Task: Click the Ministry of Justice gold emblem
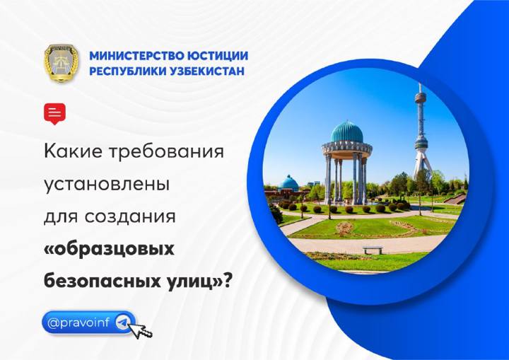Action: point(62,63)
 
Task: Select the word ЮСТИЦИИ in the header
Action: point(213,56)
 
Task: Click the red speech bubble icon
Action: point(54,113)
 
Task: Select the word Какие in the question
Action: point(74,151)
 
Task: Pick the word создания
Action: point(130,217)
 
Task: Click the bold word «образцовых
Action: point(109,249)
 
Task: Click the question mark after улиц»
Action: point(227,280)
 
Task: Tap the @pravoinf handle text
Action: point(79,323)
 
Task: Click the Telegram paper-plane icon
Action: point(124,323)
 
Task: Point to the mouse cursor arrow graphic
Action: point(141,331)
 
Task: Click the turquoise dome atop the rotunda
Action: point(346,132)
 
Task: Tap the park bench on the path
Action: point(373,250)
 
